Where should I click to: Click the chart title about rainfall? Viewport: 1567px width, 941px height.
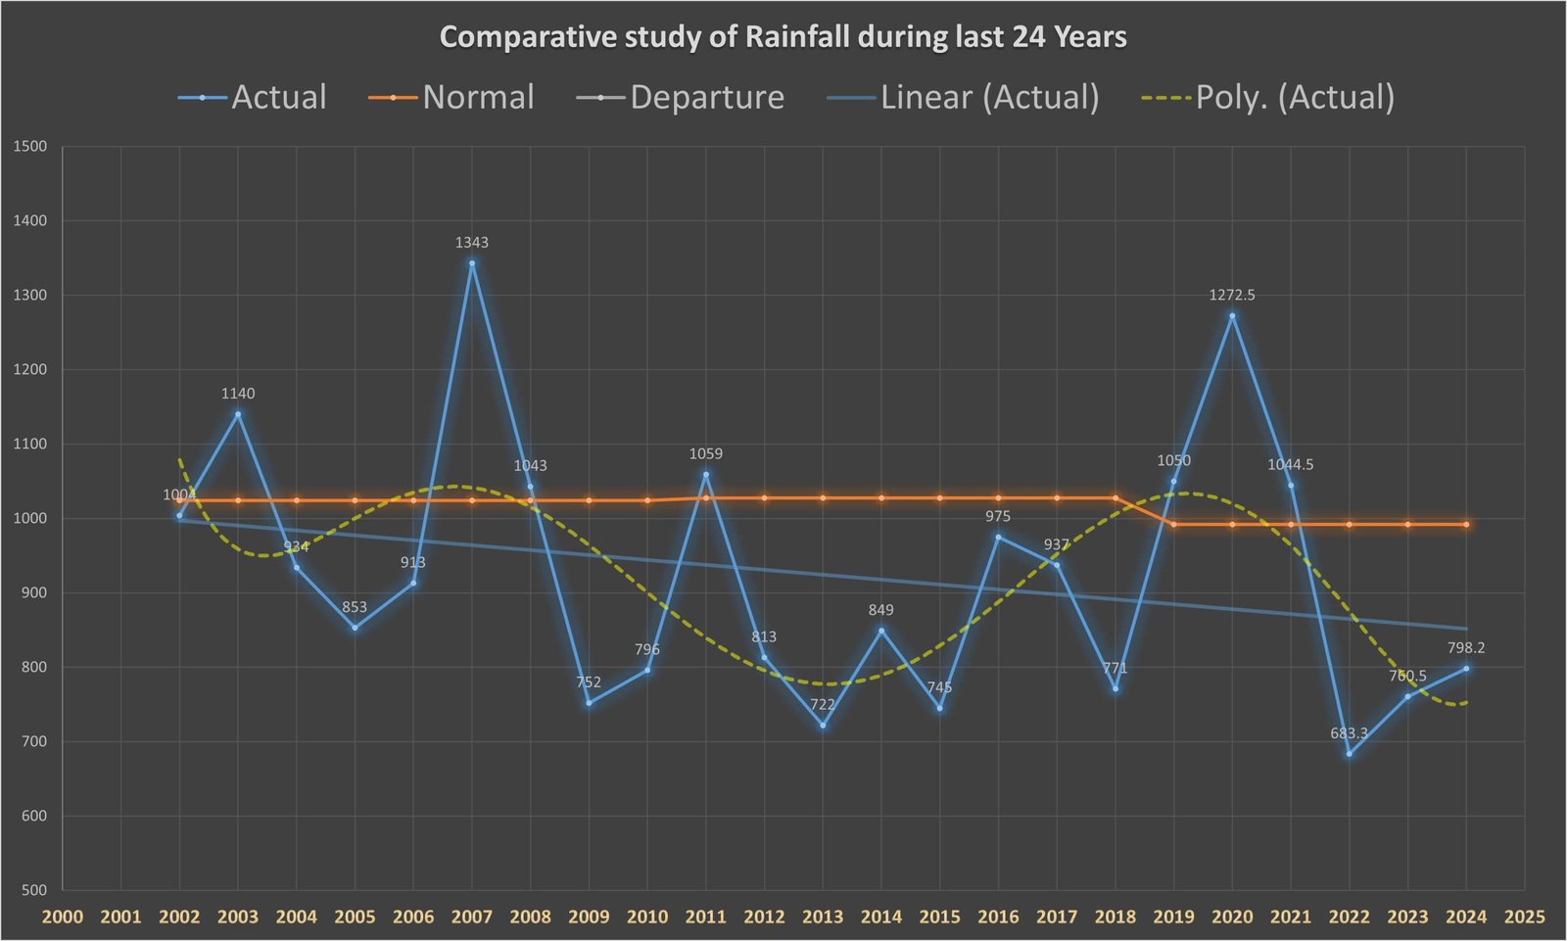(783, 37)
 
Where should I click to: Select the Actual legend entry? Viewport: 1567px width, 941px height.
(253, 97)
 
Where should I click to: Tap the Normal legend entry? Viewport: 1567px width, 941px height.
(451, 97)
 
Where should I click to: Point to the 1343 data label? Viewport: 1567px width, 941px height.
(471, 242)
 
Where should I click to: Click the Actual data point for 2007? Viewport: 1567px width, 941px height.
(471, 262)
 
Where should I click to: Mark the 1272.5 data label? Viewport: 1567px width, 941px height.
(1232, 295)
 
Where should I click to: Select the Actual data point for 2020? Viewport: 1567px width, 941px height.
(1232, 315)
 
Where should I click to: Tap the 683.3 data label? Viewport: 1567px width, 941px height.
(1349, 733)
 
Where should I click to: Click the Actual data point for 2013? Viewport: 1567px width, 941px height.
(823, 726)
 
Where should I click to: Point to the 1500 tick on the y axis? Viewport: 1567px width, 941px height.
(30, 147)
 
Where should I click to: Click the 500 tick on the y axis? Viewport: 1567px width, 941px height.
(32, 890)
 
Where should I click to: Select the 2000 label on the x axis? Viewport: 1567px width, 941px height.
(63, 917)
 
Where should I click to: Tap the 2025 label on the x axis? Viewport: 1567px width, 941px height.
(1524, 917)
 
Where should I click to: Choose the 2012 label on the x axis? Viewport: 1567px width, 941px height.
(764, 917)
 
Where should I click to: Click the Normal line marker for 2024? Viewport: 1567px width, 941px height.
(1466, 525)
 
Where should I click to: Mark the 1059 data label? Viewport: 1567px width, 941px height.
(705, 453)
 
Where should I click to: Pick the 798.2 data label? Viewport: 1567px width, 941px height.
(1466, 647)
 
